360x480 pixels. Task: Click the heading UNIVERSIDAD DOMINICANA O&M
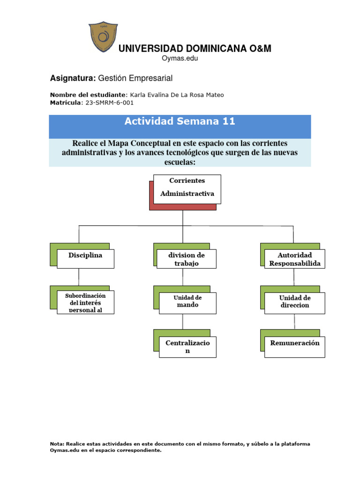point(195,49)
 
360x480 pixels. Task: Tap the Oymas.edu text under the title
point(180,58)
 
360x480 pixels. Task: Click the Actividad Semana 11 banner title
point(180,122)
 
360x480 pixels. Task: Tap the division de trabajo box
point(187,259)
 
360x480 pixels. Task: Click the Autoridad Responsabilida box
point(294,259)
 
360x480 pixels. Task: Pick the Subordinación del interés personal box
point(85,302)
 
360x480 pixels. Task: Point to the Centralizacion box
point(187,347)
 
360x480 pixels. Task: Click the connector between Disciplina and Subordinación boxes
point(79,277)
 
